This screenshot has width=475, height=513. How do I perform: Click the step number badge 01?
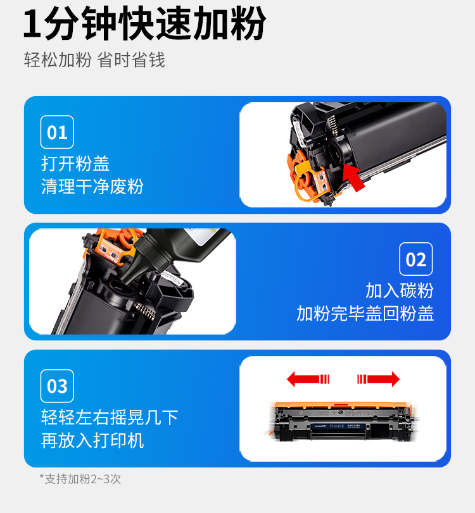(57, 132)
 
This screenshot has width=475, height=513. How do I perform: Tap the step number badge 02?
(415, 259)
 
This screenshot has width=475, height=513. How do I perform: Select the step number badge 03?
(57, 386)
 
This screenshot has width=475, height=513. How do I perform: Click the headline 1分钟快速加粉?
(144, 23)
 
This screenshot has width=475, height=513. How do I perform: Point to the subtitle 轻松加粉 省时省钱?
(94, 60)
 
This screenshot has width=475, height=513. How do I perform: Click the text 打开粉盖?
(75, 163)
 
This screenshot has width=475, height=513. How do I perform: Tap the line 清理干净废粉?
(92, 187)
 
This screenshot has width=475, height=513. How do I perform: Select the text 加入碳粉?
(400, 290)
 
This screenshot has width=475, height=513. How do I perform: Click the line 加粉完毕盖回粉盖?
(365, 313)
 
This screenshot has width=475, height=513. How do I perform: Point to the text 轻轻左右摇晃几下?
(110, 417)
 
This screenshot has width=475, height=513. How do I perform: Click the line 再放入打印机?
(92, 440)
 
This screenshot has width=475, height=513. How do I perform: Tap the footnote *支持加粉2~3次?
(80, 479)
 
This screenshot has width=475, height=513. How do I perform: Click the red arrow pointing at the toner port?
(354, 177)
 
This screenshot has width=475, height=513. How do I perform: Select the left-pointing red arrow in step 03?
(308, 379)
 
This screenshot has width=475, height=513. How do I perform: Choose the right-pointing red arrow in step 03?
(378, 379)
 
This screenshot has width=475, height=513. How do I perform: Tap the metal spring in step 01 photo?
(333, 125)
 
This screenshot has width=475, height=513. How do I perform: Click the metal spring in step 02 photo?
(145, 311)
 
